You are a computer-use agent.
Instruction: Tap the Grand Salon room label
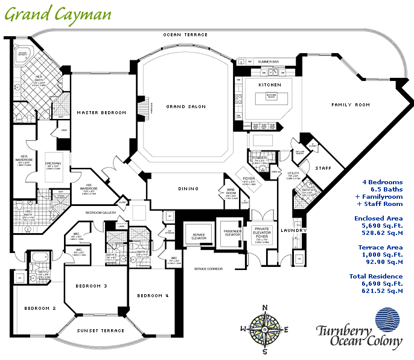point(186,107)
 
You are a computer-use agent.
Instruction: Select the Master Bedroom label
point(101,113)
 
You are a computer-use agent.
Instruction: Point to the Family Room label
point(351,105)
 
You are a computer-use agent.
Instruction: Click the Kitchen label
point(270,85)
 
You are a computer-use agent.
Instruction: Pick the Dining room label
point(188,189)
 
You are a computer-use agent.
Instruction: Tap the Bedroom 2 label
point(40,308)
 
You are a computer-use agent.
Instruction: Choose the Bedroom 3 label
point(92,286)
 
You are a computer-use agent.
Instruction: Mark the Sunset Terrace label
point(101,330)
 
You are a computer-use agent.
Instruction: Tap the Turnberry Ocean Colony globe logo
point(387,321)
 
